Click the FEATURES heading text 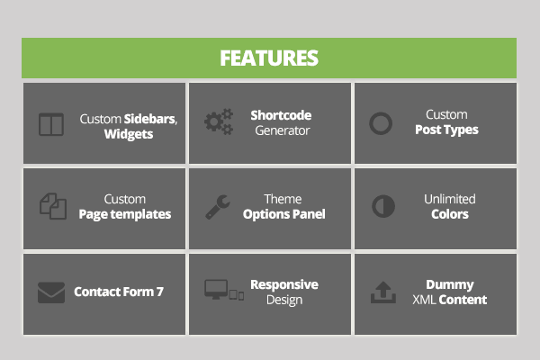tap(269, 58)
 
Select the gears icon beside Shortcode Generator tap(219, 121)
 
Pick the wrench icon tap(218, 207)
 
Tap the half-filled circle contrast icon tap(383, 206)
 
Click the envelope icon tap(51, 292)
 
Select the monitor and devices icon tap(224, 290)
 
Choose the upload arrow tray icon tap(383, 292)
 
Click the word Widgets tap(129, 134)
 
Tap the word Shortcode tap(281, 115)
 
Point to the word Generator tap(283, 130)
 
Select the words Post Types tap(446, 130)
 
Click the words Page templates tap(125, 214)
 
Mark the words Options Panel tap(284, 214)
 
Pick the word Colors tap(450, 214)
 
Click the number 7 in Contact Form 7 tap(160, 292)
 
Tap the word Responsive tap(284, 285)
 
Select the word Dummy tap(450, 285)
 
